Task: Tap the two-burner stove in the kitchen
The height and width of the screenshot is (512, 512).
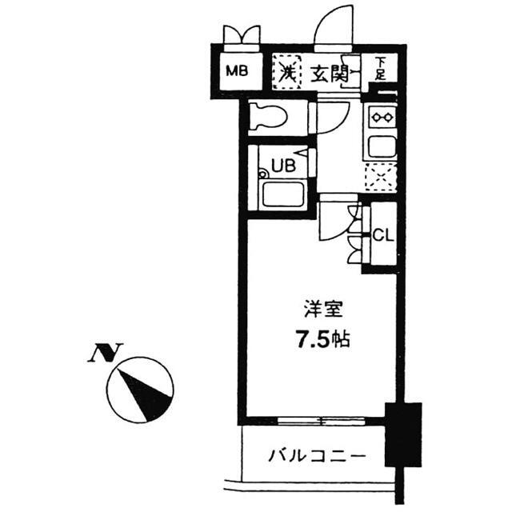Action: tap(379, 118)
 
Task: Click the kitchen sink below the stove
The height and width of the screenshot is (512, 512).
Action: tap(379, 146)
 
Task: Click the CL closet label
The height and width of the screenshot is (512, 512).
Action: tap(381, 237)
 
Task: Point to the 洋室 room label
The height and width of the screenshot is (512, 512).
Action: tap(318, 307)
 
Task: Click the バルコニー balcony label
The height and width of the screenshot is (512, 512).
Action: tap(316, 456)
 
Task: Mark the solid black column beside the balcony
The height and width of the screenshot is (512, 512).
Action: tap(402, 432)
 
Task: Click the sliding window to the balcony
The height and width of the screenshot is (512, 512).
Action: tap(319, 420)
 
